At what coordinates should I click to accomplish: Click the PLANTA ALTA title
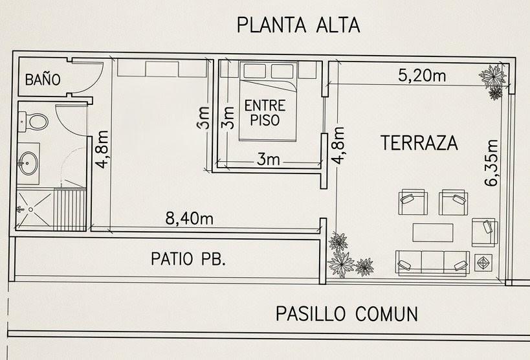pos(298,25)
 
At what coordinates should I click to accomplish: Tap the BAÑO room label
pos(43,79)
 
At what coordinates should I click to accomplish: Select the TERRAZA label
pos(419,143)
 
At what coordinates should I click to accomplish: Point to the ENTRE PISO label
pos(265,113)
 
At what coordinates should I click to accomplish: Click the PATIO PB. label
pos(188,259)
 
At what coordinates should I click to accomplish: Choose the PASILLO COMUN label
pos(347,313)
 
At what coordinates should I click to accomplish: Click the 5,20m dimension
pos(422,76)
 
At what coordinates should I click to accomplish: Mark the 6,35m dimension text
pos(491,163)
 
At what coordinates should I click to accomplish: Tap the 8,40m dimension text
pos(189,219)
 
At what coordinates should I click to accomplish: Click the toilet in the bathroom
pos(33,121)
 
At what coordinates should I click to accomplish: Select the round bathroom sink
pos(28,163)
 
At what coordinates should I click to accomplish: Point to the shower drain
pos(31,209)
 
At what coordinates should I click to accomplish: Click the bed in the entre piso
pos(268,101)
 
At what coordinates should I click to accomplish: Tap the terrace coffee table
pos(433,232)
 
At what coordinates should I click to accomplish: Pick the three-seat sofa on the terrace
pos(432,263)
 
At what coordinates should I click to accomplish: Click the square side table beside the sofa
pos(483,263)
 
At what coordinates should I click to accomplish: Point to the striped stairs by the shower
pos(70,210)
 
